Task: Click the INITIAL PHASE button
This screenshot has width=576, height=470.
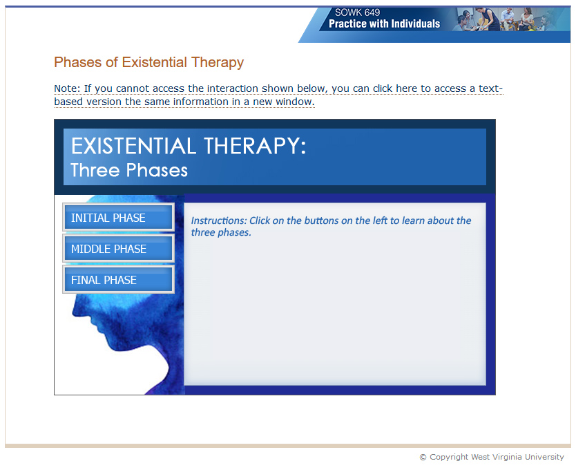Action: [117, 218]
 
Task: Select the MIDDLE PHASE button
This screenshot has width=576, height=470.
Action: [117, 249]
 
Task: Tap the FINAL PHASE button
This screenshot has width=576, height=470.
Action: [117, 280]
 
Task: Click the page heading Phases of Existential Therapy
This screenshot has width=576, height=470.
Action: [148, 62]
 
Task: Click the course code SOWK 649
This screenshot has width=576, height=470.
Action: [357, 12]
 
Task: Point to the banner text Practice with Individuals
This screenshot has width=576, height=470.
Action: [384, 23]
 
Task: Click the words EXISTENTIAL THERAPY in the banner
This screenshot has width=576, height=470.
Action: [188, 146]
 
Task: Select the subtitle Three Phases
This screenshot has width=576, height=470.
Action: [129, 170]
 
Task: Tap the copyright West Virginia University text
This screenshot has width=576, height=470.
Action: [496, 457]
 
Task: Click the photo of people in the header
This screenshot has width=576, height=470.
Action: [511, 19]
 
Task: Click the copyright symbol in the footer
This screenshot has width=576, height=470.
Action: [423, 457]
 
